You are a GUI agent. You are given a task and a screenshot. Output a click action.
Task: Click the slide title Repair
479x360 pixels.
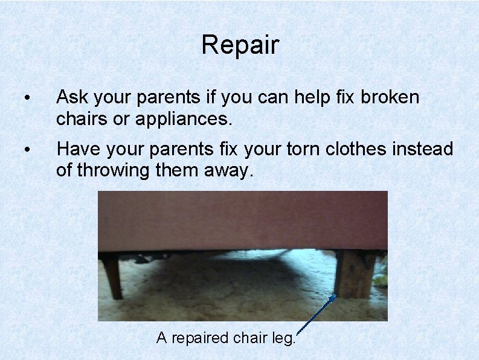click(240, 45)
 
